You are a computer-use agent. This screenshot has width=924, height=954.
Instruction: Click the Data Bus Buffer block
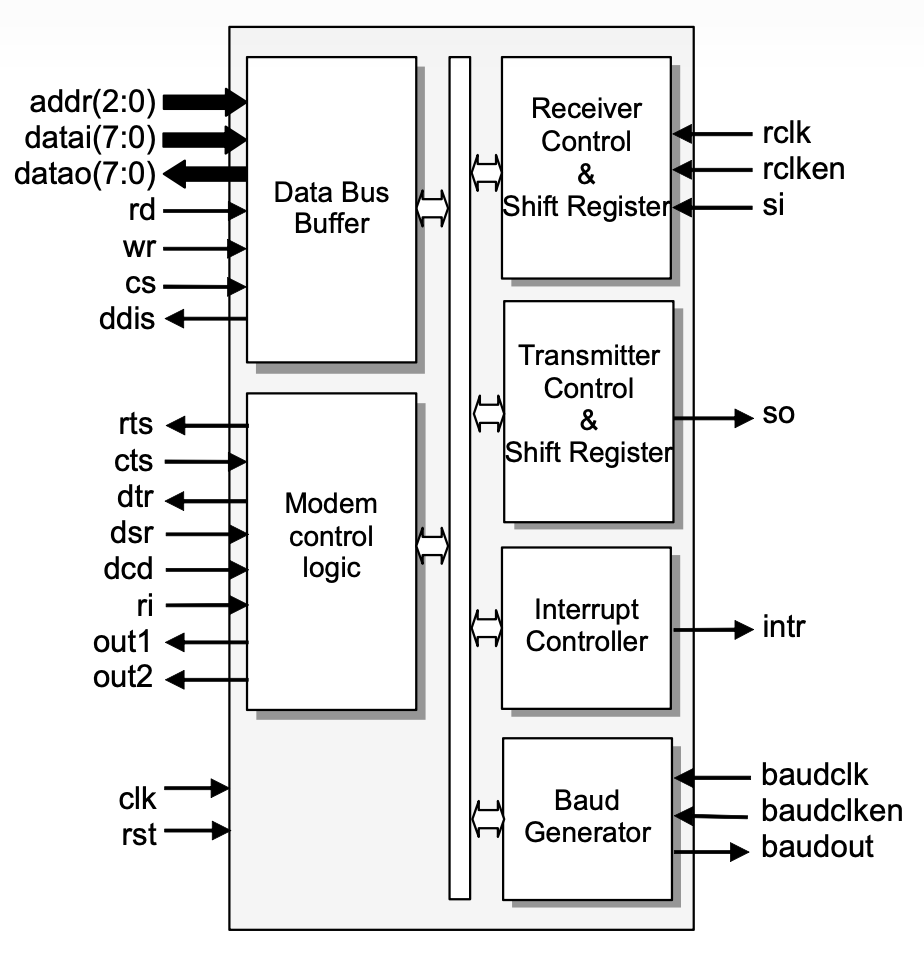331,208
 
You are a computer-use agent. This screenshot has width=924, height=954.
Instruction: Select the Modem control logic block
331,550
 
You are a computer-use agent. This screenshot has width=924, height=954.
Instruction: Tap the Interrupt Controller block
586,626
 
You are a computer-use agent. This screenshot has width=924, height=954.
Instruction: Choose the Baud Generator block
586,817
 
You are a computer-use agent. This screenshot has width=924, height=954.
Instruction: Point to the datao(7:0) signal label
85,174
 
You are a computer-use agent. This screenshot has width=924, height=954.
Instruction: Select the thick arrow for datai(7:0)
205,138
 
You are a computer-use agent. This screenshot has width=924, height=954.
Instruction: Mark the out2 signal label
123,678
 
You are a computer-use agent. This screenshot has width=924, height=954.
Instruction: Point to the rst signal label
138,832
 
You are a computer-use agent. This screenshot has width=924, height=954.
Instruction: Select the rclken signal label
802,168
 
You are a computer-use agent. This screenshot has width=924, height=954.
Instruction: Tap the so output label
778,413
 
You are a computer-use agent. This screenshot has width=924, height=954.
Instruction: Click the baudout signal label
817,847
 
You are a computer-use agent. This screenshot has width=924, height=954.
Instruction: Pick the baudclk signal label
815,774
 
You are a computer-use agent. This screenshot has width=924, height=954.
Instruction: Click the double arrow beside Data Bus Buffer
433,208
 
